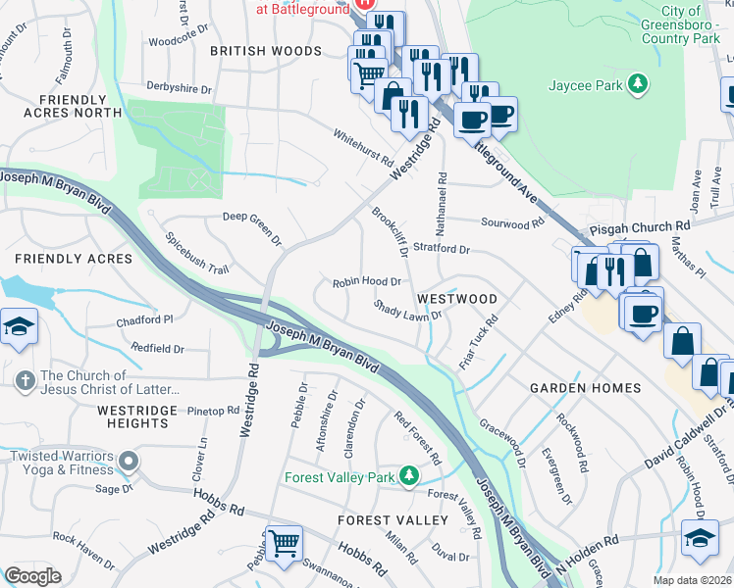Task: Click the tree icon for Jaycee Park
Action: pyautogui.click(x=639, y=85)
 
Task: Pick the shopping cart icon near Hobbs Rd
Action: pyautogui.click(x=284, y=541)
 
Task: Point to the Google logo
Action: pyautogui.click(x=32, y=576)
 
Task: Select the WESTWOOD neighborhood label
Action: pyautogui.click(x=455, y=297)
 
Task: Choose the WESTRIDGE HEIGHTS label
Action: pyautogui.click(x=137, y=416)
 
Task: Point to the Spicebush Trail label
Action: pyautogui.click(x=196, y=253)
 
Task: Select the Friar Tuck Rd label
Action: pyautogui.click(x=479, y=342)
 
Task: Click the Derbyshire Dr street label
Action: pyautogui.click(x=179, y=88)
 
